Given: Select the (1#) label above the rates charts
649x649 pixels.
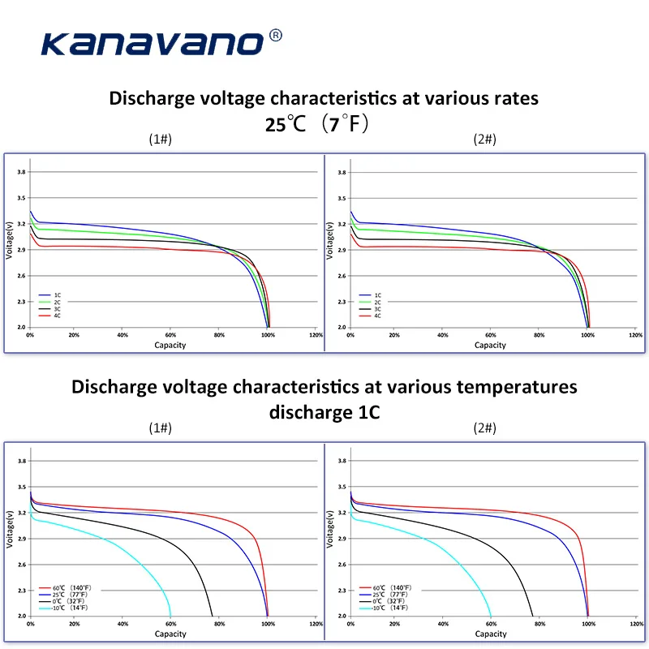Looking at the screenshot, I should pyautogui.click(x=160, y=140).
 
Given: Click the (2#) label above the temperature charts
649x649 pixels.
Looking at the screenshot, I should pyautogui.click(x=484, y=428).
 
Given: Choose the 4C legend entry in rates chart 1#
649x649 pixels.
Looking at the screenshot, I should pyautogui.click(x=52, y=316).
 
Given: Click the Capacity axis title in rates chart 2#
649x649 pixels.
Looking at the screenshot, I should pyautogui.click(x=490, y=345).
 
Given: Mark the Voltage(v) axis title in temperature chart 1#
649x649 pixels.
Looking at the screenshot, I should pyautogui.click(x=10, y=539).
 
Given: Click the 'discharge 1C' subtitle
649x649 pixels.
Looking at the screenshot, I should pyautogui.click(x=324, y=411).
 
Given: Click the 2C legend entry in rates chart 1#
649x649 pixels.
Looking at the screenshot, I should pyautogui.click(x=52, y=302).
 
